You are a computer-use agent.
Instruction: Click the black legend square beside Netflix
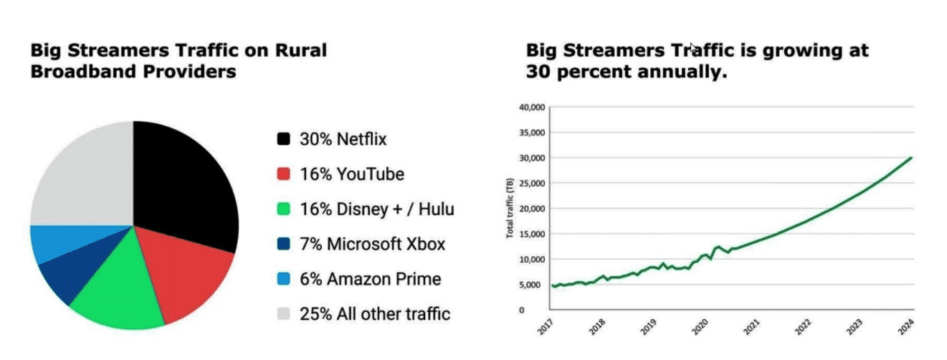point(284,139)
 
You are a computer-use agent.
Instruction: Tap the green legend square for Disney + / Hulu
point(284,209)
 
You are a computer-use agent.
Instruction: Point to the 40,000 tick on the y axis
point(530,107)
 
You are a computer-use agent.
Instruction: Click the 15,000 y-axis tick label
point(530,234)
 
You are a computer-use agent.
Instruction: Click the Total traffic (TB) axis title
point(510,209)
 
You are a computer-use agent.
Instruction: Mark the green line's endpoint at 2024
point(912,158)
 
